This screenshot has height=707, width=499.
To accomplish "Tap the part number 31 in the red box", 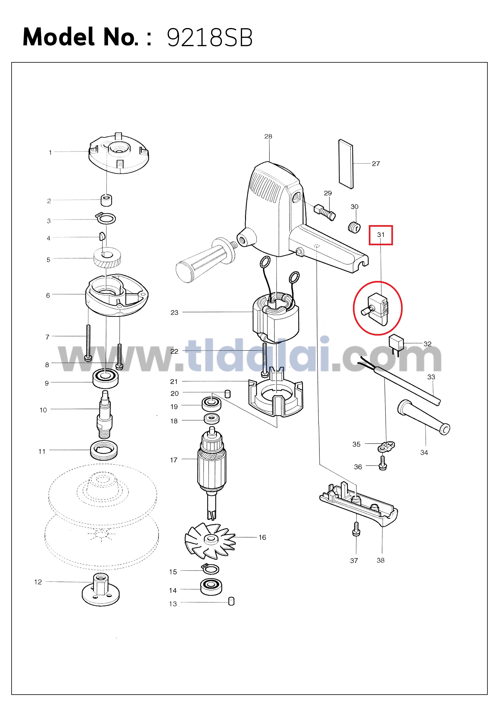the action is [x=381, y=235].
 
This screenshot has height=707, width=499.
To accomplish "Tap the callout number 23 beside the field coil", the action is [x=174, y=313].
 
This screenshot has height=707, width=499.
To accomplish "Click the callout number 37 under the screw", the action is [x=354, y=560].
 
